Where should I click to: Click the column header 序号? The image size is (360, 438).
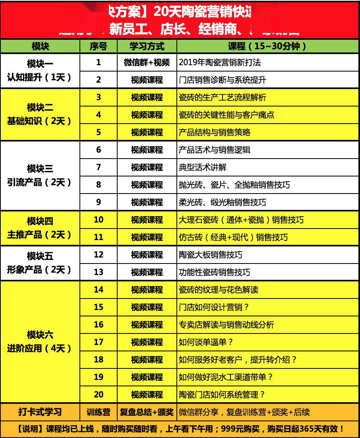click(99, 46)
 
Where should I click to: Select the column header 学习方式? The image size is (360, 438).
click(147, 46)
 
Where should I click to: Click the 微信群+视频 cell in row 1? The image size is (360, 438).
click(147, 62)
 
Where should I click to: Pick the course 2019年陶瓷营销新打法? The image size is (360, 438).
click(220, 62)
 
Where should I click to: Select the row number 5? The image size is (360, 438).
click(99, 132)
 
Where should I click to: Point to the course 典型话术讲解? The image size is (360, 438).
click(203, 167)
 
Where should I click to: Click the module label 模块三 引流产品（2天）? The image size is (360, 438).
click(40, 175)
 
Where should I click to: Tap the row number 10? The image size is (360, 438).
click(99, 220)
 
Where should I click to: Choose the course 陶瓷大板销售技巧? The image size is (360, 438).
click(211, 255)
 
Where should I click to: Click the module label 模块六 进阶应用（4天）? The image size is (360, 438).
click(40, 341)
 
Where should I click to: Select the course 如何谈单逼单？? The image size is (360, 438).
click(206, 342)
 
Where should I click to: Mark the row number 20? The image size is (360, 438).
click(99, 395)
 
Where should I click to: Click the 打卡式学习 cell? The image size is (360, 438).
click(40, 412)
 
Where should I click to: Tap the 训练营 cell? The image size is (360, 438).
click(99, 412)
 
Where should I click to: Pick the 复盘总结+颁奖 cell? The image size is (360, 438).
click(147, 412)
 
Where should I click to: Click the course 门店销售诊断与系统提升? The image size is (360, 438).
click(223, 80)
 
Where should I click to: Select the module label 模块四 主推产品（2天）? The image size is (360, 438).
click(40, 228)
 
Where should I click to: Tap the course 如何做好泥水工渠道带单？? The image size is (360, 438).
click(226, 377)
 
